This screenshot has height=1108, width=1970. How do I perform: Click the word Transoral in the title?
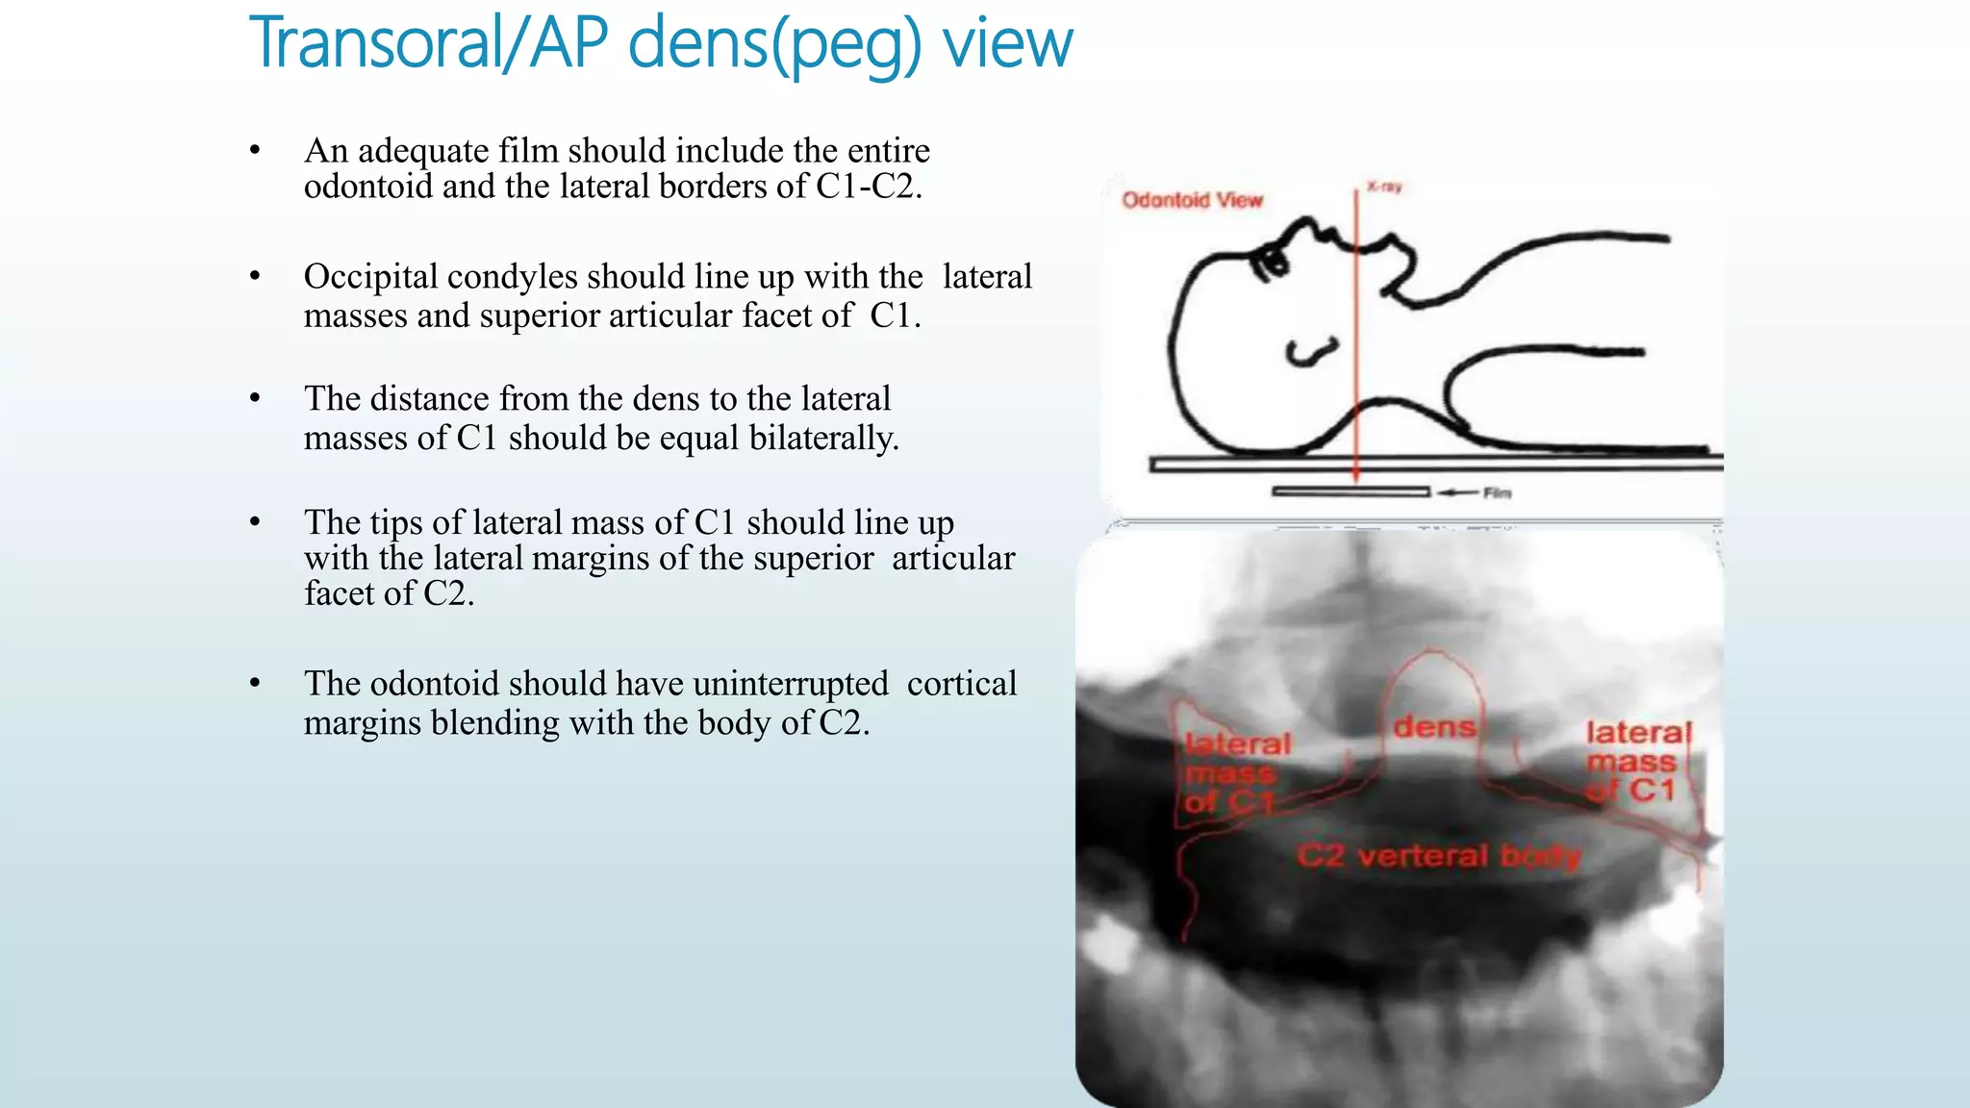tap(379, 43)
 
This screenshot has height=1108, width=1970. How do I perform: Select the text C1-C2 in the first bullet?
tap(868, 187)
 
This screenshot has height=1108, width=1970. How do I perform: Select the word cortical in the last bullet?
tap(961, 684)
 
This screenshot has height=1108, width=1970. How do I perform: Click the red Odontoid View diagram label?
tap(1192, 200)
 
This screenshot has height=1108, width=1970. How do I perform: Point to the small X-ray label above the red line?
tap(1384, 187)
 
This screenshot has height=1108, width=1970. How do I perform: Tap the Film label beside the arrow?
tap(1497, 493)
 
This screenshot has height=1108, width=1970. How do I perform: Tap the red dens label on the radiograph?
tap(1434, 726)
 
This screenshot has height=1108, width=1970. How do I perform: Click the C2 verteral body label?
tap(1437, 855)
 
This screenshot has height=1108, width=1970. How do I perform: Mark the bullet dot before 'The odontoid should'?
tap(255, 684)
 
